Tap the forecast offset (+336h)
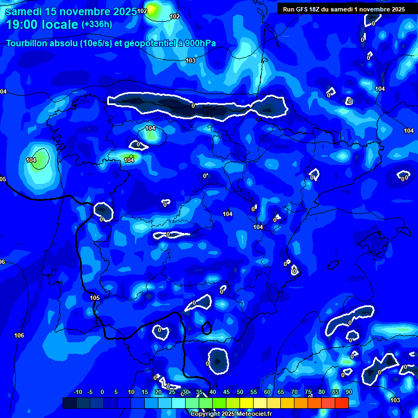(96, 24)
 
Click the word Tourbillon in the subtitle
(28, 44)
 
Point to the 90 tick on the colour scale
(348, 392)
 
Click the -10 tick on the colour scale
(77, 392)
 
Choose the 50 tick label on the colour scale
(240, 392)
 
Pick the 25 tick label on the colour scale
(172, 392)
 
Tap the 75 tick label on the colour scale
(308, 392)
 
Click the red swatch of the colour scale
(341, 403)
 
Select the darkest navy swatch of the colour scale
(69, 403)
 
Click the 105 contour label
(95, 298)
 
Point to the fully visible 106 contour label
(19, 335)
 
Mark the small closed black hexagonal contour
(206, 328)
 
